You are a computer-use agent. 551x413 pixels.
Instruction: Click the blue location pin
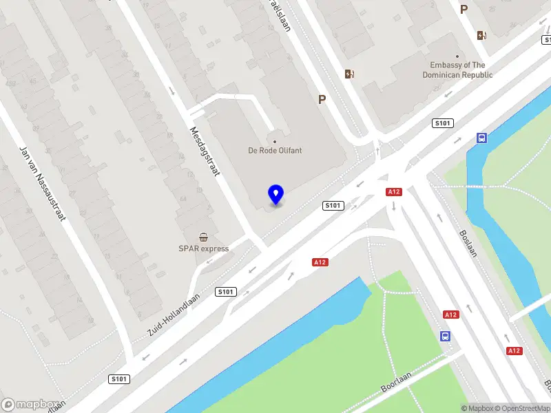click(275, 194)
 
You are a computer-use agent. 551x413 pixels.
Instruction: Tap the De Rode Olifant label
click(275, 151)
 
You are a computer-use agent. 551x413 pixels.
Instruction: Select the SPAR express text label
click(204, 248)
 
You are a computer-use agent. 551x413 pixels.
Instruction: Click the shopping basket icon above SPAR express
click(204, 237)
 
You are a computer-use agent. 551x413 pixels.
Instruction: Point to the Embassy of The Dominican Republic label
click(457, 70)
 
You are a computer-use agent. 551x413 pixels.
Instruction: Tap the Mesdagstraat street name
click(204, 151)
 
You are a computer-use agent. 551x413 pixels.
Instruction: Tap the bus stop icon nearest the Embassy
click(481, 138)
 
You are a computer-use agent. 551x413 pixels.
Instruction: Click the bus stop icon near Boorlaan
click(446, 337)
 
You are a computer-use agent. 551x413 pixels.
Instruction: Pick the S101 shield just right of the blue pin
click(333, 206)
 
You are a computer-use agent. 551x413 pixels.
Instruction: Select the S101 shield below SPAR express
click(225, 292)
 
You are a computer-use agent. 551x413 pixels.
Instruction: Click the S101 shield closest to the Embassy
click(442, 123)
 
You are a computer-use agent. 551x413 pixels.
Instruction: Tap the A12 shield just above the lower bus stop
click(450, 315)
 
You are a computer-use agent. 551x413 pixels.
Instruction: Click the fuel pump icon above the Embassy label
click(481, 35)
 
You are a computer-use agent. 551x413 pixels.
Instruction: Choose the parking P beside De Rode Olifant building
click(322, 100)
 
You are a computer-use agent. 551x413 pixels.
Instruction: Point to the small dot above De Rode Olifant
click(275, 142)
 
